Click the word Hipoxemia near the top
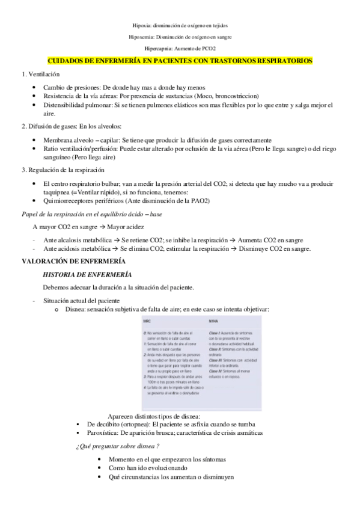(x=142, y=37)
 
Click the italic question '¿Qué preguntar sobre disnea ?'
(x=117, y=446)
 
